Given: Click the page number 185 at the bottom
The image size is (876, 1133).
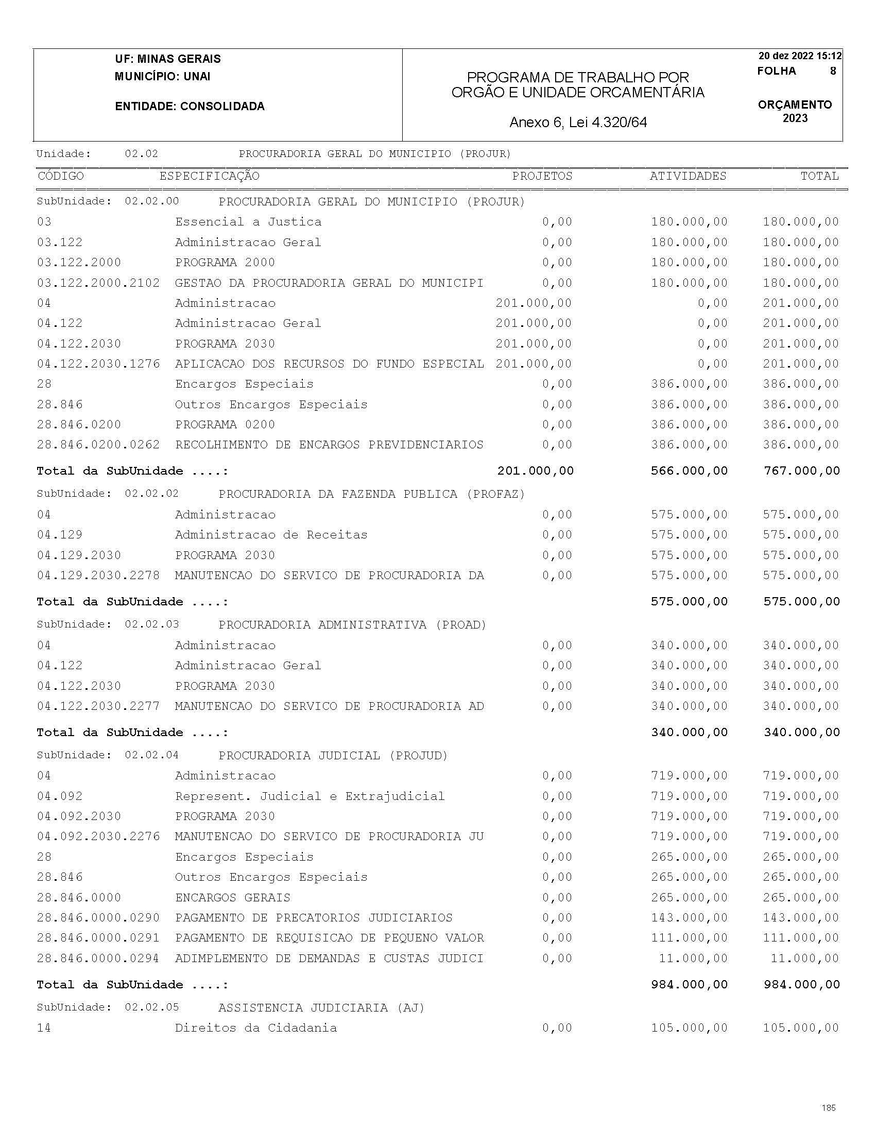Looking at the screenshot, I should (x=829, y=1108).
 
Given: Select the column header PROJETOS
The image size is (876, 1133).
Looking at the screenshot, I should (x=542, y=177).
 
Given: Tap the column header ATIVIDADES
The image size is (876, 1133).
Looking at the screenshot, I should (x=688, y=177).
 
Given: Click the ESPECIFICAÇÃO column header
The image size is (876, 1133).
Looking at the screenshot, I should (x=209, y=177).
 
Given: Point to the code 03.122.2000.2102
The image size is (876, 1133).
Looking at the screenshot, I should (x=98, y=283).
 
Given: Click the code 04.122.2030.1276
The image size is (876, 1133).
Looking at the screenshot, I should (x=98, y=364).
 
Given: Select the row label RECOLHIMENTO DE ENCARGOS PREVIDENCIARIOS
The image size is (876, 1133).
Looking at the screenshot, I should (x=329, y=445).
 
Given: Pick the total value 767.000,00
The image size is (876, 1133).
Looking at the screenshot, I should (x=801, y=471).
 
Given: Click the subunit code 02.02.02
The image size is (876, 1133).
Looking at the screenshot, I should (x=151, y=494).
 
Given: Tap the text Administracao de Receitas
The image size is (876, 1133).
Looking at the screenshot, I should (x=271, y=535).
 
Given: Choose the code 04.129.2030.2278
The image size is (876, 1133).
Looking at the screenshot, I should (x=98, y=576).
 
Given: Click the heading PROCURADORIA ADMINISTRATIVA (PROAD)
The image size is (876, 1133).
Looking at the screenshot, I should (x=352, y=624).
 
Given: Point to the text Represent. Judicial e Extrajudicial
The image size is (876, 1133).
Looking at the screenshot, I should (x=310, y=796).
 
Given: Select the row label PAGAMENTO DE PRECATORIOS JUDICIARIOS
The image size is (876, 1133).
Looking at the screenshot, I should (x=314, y=918).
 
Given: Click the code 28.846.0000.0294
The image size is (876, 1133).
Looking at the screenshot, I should (x=98, y=958).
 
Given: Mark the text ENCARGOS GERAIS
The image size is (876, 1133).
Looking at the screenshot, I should (x=232, y=897).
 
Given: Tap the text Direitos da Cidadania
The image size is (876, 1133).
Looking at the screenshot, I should (x=256, y=1028).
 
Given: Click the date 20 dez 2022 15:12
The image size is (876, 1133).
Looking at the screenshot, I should (x=800, y=56).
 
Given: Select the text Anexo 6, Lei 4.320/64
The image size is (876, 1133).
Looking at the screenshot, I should (x=578, y=123).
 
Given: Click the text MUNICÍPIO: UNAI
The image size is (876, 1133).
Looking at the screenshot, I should (x=162, y=77).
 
